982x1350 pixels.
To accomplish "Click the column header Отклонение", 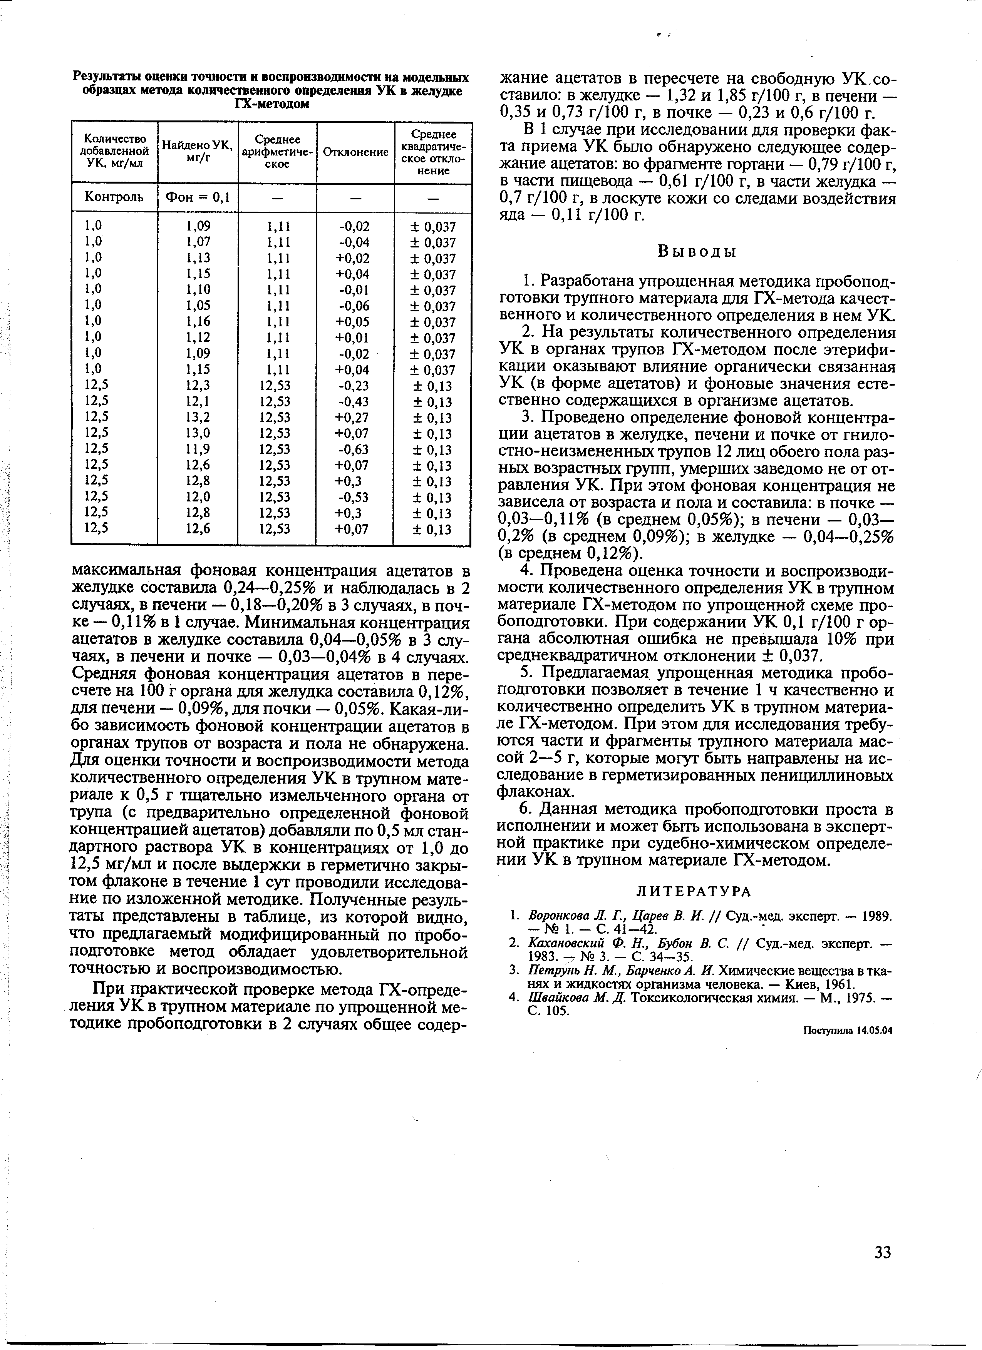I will pos(355,152).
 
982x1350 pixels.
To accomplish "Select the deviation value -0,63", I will pos(354,449).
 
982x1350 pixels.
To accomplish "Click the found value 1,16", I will pos(198,321).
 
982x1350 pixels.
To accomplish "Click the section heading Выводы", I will pos(697,252).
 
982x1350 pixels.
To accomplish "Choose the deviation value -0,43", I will pos(354,402).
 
